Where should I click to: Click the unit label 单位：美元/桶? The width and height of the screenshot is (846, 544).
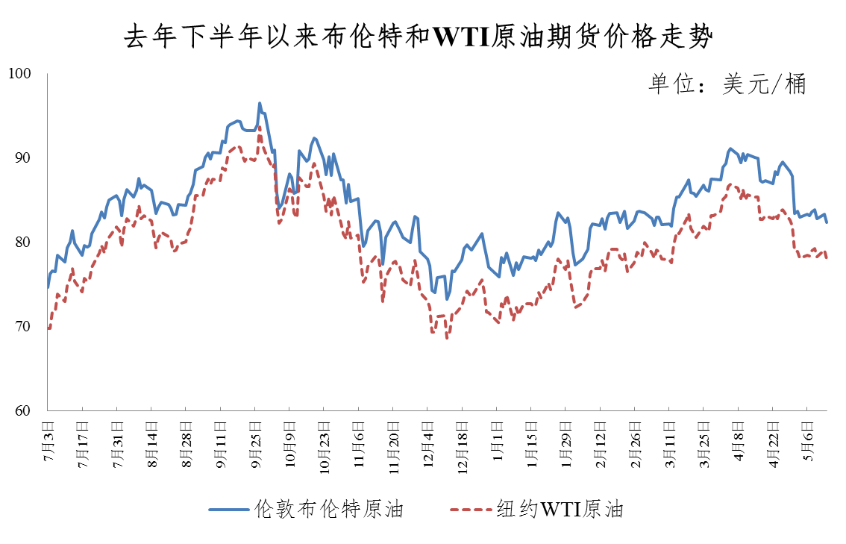coord(727,84)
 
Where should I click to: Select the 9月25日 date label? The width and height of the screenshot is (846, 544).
coord(254,445)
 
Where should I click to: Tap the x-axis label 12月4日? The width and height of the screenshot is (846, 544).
coord(426,445)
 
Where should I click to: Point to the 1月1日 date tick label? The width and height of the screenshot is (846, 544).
coord(496,443)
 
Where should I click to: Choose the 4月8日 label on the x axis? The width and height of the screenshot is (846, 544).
coord(738,443)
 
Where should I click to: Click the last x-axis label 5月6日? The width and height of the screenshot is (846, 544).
coord(807,443)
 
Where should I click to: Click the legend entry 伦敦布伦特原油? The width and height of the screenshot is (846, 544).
coord(328,510)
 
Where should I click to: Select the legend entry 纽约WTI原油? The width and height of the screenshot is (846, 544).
coord(560,510)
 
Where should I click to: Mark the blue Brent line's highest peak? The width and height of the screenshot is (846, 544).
coord(260,103)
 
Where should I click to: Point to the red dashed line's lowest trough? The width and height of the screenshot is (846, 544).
coord(447,339)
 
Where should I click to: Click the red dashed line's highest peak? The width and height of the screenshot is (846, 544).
coord(260,127)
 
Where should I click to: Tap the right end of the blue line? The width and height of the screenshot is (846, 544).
coord(827,222)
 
